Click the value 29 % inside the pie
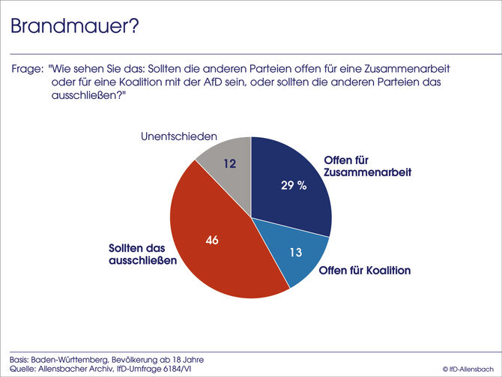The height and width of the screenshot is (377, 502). point(293,186)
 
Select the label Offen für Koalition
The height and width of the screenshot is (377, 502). point(364,271)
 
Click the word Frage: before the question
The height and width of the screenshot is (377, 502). point(27,68)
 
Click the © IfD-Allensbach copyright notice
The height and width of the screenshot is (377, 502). point(468,369)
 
